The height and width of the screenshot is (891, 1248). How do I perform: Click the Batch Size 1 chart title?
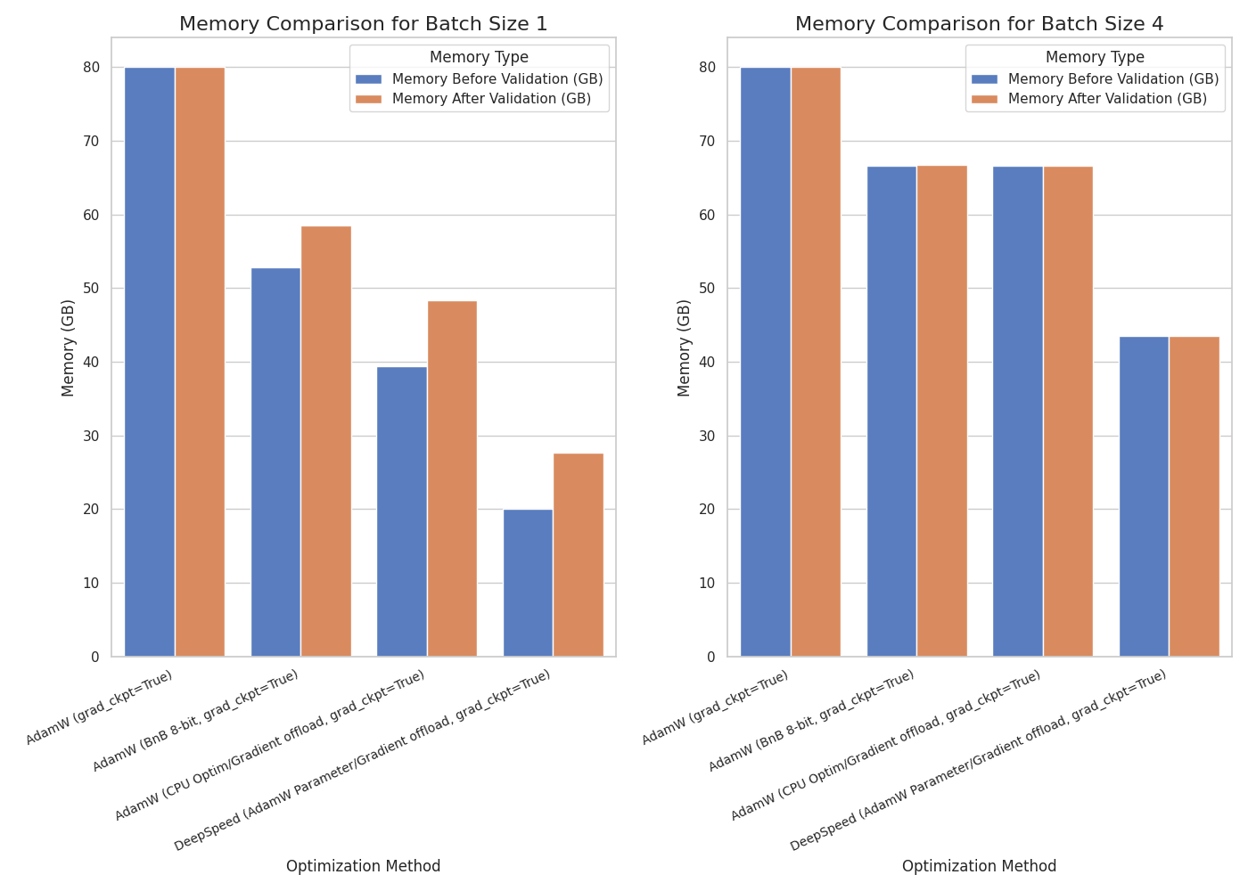[363, 24]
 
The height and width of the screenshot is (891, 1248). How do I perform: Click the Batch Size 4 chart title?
[979, 24]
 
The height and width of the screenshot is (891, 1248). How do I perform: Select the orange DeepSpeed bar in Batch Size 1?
[579, 554]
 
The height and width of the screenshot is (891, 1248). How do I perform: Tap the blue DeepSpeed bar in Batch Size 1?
[528, 583]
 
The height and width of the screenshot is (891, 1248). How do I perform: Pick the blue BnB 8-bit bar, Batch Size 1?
[275, 462]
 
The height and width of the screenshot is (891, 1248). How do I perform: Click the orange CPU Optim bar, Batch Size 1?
[452, 478]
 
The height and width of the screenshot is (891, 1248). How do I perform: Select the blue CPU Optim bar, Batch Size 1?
[402, 511]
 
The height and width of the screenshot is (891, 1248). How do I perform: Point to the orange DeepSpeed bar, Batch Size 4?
[1195, 496]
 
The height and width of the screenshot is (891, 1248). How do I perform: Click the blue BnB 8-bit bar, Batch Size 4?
[891, 411]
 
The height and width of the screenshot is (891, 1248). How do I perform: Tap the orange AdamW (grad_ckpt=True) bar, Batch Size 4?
[816, 362]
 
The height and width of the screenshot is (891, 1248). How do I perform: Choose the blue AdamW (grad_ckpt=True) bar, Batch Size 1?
[150, 362]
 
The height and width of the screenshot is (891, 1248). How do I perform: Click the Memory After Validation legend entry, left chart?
[490, 99]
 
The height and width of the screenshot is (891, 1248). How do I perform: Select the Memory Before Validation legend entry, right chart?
[1113, 79]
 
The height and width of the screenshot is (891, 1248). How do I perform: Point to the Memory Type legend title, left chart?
[479, 58]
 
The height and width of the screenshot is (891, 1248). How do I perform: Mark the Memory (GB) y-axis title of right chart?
[685, 347]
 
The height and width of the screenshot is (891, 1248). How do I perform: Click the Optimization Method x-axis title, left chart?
[363, 866]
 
